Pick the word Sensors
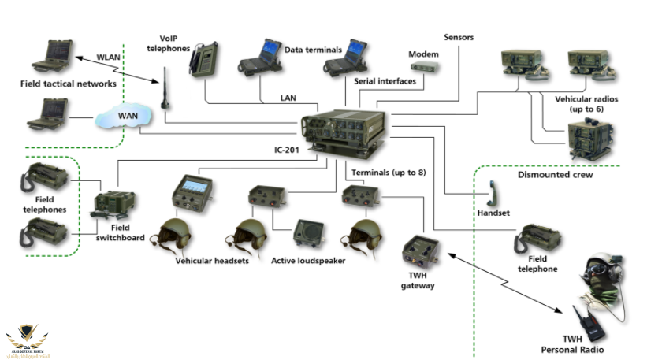(x=459, y=37)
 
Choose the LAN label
(x=288, y=98)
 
